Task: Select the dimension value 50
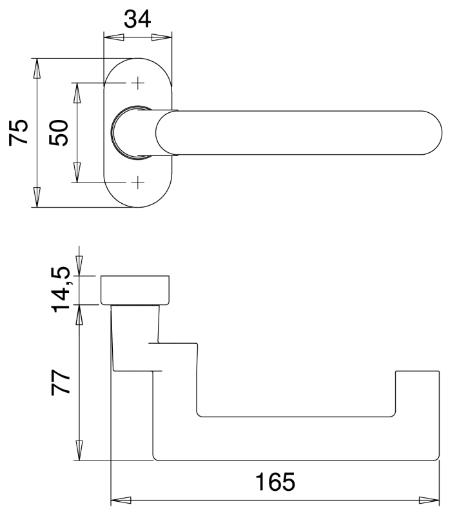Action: pos(59,133)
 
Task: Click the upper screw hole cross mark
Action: pos(137,83)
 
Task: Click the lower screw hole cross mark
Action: pos(137,183)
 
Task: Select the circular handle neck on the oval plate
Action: pos(132,133)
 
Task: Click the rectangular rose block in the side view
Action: pos(136,290)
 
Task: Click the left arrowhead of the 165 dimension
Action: pos(121,500)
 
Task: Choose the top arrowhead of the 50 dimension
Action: pos(77,93)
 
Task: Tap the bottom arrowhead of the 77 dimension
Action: pos(79,450)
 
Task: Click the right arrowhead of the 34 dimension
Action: pos(163,37)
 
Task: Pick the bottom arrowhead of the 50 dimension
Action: pos(77,172)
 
